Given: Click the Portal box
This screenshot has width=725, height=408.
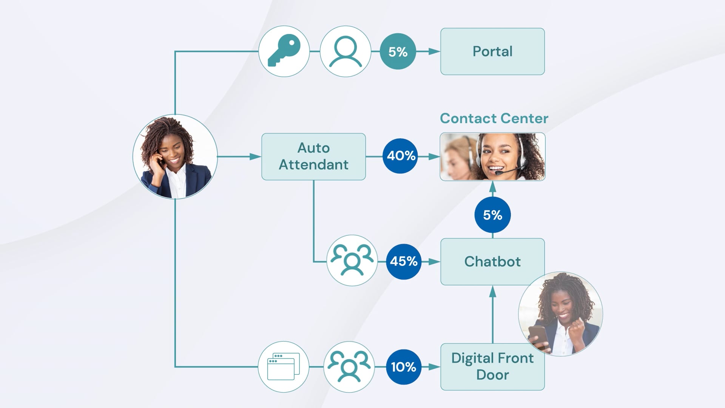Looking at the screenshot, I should pos(492,51).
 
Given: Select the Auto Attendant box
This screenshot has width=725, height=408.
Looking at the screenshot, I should pos(313,156).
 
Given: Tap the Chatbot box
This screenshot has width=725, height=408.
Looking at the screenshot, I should pos(492,261).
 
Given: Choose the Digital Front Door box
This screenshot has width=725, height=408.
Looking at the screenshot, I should pos(492,366).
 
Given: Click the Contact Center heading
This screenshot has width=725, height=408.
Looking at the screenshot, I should pos(494,119).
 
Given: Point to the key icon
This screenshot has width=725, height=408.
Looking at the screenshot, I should pos(284,51).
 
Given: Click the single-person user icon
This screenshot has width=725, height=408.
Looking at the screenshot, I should pos(345,51).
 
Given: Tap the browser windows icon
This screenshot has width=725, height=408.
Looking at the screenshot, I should pos(283,366).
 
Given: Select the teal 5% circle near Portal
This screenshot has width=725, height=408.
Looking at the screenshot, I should pos(398,51).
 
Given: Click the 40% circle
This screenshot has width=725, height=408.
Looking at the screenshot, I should pos(400,156).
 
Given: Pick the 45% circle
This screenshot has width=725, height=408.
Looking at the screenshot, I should pos(404,261).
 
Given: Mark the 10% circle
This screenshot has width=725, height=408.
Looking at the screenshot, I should pos(404,366).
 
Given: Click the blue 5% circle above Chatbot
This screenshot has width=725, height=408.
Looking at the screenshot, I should pos(492,215).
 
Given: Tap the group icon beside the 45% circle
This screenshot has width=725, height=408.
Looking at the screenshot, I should pos(352,261).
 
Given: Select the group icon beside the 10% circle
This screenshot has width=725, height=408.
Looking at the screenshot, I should pos(349,366).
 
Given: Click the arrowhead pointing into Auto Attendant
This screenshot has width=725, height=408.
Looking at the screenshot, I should pos(256,156).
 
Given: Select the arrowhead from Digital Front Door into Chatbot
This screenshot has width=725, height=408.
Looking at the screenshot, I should pos(492,292).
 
